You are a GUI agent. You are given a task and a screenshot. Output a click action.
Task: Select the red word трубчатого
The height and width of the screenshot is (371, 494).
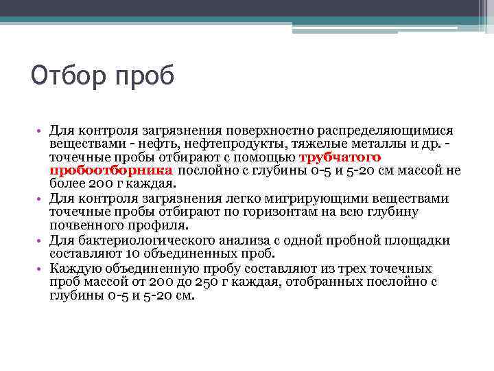click(x=341, y=157)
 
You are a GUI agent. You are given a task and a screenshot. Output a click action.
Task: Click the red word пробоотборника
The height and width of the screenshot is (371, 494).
click(x=110, y=171)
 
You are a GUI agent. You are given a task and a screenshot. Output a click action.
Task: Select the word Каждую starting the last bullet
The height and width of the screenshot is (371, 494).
click(x=72, y=268)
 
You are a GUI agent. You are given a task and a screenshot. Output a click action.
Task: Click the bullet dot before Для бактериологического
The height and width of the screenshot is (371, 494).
click(x=40, y=240)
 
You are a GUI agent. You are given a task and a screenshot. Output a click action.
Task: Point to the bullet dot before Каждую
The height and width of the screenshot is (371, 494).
click(x=40, y=268)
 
